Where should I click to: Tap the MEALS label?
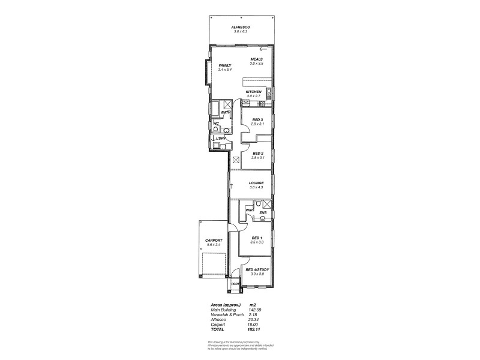pyautogui.click(x=257, y=59)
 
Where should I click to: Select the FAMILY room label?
pyautogui.click(x=225, y=65)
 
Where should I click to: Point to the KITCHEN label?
pyautogui.click(x=254, y=92)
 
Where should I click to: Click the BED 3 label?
pyautogui.click(x=258, y=120)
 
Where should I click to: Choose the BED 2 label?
pyautogui.click(x=258, y=154)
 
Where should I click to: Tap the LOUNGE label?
pyautogui.click(x=257, y=184)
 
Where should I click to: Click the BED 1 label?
pyautogui.click(x=257, y=238)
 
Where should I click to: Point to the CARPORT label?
pyautogui.click(x=214, y=241)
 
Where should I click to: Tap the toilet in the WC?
pyautogui.click(x=217, y=129)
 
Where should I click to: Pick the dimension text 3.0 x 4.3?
pyautogui.click(x=257, y=188)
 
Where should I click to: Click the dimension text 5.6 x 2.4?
pyautogui.click(x=214, y=245)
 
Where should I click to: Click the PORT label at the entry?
pyautogui.click(x=235, y=284)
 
